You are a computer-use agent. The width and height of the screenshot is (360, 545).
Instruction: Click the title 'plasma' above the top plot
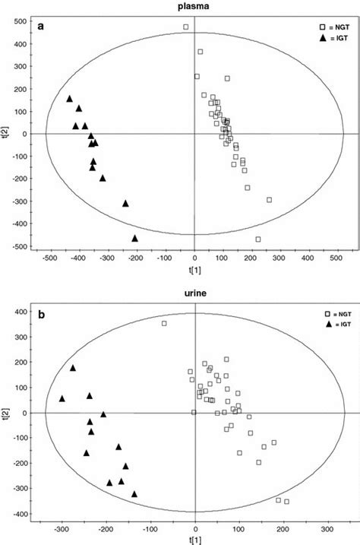click(x=194, y=6)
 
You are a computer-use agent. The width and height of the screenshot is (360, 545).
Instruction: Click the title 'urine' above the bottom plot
click(x=194, y=294)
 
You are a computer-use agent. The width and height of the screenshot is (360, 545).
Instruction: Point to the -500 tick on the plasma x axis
click(x=50, y=258)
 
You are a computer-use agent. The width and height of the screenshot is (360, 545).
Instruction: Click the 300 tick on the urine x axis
click(x=327, y=531)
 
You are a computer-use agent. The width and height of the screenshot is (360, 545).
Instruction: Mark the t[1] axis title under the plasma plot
click(x=194, y=271)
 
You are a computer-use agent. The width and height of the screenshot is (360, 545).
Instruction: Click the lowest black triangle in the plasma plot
click(x=135, y=238)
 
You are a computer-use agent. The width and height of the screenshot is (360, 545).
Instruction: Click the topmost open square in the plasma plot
click(x=185, y=27)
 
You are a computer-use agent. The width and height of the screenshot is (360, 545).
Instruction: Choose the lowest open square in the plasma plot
click(x=258, y=239)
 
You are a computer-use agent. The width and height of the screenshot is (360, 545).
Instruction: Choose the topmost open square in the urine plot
click(x=164, y=324)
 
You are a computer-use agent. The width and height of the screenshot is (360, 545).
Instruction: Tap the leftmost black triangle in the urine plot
click(x=62, y=398)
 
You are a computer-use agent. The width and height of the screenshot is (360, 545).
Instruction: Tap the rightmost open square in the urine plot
click(x=286, y=502)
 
